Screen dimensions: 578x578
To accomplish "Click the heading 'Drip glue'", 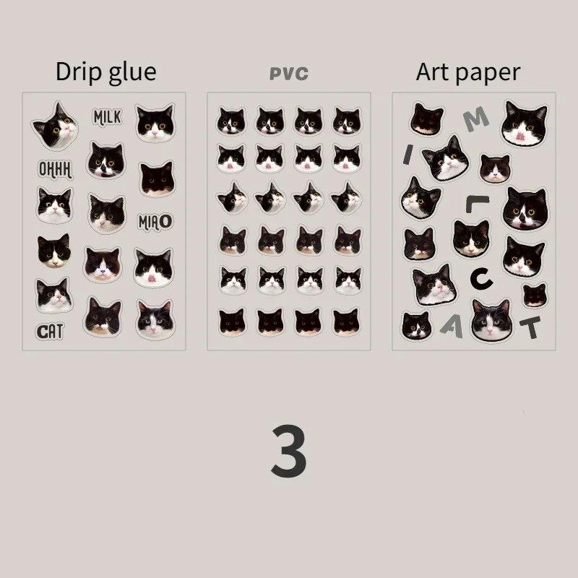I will pyautogui.click(x=105, y=72).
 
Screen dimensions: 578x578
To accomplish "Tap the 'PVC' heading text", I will pyautogui.click(x=288, y=74).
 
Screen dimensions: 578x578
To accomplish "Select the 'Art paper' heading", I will pyautogui.click(x=468, y=72).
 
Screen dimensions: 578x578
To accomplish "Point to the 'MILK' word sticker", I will pyautogui.click(x=108, y=116).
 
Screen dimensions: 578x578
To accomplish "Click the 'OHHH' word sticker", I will pyautogui.click(x=55, y=169).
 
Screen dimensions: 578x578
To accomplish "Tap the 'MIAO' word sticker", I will pyautogui.click(x=155, y=221).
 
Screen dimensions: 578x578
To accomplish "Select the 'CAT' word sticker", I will pyautogui.click(x=51, y=332).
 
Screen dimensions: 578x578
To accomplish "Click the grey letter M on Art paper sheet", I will pyautogui.click(x=471, y=121).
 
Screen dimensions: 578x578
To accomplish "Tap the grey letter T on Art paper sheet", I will pyautogui.click(x=531, y=328).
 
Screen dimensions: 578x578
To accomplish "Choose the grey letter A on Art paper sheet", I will pyautogui.click(x=452, y=327).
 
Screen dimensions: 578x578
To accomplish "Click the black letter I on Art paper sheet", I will pyautogui.click(x=408, y=153).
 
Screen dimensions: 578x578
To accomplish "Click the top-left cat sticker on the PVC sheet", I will pyautogui.click(x=231, y=121).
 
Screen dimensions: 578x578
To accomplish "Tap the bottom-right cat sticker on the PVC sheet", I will pyautogui.click(x=347, y=321).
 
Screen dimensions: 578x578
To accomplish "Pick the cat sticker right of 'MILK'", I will pyautogui.click(x=155, y=123).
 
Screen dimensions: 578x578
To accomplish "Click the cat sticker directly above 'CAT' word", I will pyautogui.click(x=54, y=295).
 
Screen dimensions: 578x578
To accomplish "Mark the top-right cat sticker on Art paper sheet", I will pyautogui.click(x=525, y=123).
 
